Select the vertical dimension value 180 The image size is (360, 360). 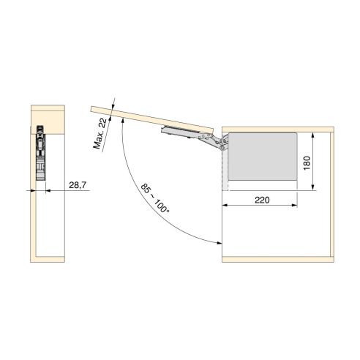[310, 161]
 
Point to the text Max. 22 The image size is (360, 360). [102, 134]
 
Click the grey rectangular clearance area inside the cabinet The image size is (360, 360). [262, 157]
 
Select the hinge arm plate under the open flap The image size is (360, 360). [179, 130]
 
